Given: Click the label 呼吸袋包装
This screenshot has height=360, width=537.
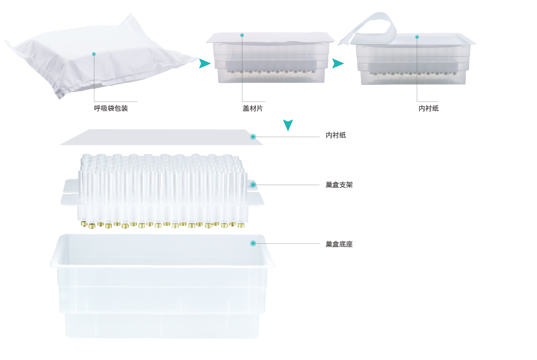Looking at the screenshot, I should [111, 108].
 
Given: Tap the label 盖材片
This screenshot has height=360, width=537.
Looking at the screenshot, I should [252, 108].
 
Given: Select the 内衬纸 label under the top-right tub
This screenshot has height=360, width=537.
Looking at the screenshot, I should [428, 108].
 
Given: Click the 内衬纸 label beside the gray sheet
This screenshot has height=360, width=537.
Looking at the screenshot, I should [336, 135].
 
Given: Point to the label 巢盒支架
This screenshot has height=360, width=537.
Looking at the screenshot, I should [339, 185].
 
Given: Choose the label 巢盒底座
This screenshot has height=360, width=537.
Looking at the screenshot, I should [339, 244].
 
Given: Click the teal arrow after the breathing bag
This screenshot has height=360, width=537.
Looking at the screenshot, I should [204, 64].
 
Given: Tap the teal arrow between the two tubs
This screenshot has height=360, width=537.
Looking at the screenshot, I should [338, 64].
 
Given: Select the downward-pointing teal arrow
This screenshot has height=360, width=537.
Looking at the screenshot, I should [288, 125].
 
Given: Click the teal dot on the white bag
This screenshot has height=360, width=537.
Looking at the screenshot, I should [94, 54].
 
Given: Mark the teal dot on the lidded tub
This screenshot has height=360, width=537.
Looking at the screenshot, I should [242, 35].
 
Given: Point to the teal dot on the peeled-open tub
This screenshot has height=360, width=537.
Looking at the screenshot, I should [417, 37].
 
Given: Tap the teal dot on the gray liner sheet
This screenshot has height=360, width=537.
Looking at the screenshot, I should [253, 137].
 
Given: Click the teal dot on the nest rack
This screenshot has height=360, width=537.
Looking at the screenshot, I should [253, 185].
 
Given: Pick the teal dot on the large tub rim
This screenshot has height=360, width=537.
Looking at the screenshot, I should [253, 243].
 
